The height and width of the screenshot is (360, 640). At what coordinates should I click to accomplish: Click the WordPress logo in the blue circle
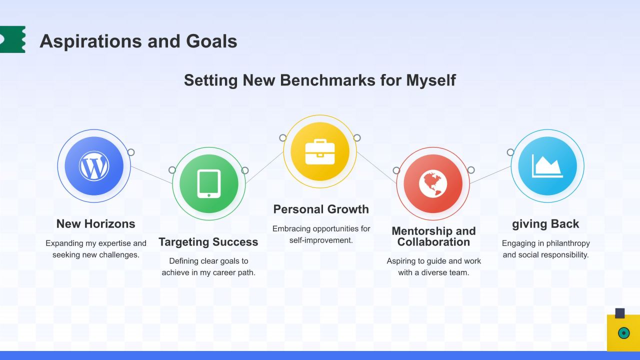(94, 166)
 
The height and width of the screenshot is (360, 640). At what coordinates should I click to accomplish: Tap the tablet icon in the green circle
(209, 183)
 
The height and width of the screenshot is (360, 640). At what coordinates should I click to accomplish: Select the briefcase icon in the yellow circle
(320, 151)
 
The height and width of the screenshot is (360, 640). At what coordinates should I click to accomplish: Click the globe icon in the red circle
(433, 183)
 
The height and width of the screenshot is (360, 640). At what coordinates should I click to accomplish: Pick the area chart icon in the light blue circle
(547, 166)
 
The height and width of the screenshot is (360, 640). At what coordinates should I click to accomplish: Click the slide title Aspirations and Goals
(138, 41)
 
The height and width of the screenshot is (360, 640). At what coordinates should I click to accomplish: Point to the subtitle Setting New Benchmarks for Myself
(320, 80)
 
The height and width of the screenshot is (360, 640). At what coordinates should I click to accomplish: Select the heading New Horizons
(95, 223)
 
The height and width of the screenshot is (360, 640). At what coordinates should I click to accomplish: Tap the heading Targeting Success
(208, 242)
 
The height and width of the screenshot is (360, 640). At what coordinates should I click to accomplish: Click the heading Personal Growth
(321, 209)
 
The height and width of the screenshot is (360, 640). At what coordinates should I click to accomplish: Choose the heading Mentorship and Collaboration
(433, 236)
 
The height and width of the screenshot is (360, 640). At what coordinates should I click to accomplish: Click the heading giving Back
(545, 224)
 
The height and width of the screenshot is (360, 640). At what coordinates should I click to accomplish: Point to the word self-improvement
(321, 240)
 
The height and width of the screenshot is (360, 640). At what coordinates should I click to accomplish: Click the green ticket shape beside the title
(12, 39)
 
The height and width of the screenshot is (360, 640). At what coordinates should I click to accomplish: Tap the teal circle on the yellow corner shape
(623, 333)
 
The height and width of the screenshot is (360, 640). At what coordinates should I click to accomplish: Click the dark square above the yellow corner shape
(619, 313)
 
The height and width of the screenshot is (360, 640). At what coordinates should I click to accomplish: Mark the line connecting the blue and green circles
(151, 175)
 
